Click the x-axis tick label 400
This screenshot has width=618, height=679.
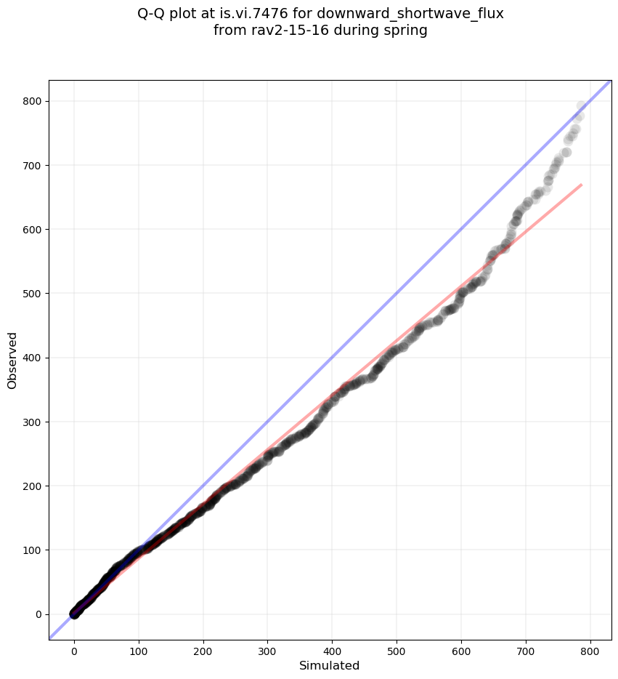click(332, 649)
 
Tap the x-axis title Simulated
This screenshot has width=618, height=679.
click(330, 665)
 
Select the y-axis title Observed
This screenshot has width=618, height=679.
click(12, 361)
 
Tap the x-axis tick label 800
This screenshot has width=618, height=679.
click(590, 649)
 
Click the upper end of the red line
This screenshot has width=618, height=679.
click(581, 185)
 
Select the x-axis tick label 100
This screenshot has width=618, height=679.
click(139, 649)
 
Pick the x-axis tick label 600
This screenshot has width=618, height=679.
click(460, 649)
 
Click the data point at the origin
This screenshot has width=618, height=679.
click(74, 614)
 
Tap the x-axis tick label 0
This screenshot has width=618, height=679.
click(74, 649)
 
